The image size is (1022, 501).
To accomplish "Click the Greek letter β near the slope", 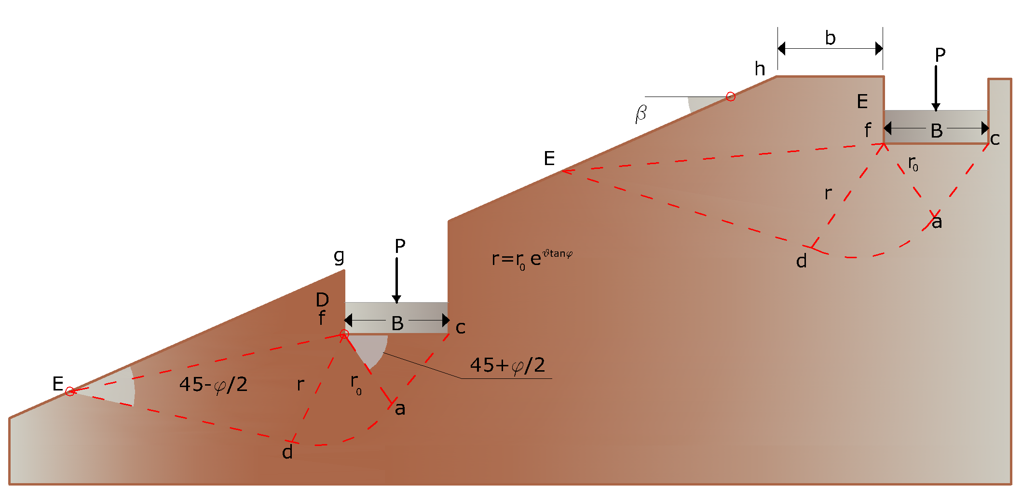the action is (x=641, y=114).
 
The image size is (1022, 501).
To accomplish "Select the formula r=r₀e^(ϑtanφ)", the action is (x=532, y=259).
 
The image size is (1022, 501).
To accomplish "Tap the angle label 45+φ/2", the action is (x=507, y=365).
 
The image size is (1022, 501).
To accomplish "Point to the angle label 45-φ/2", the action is (x=213, y=385).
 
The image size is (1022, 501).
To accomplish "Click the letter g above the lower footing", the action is (x=339, y=257).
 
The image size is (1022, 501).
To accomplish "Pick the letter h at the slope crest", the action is (x=760, y=69).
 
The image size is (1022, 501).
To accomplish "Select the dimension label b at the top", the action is (x=830, y=38).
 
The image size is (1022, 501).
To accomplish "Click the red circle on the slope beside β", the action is (x=731, y=97).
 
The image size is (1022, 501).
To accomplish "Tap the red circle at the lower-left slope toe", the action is (x=70, y=391).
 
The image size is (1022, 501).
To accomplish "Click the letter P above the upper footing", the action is (x=940, y=55).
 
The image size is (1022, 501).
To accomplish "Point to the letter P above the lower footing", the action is (x=400, y=246).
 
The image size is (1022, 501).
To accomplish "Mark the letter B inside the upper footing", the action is (x=937, y=131).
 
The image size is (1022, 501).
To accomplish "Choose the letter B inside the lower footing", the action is (x=397, y=323).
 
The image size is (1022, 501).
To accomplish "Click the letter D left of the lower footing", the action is (x=322, y=300).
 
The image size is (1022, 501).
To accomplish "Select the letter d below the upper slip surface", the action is (x=801, y=261).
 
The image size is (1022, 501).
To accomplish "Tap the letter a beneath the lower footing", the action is (x=400, y=409).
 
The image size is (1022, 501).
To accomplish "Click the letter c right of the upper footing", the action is (x=995, y=139).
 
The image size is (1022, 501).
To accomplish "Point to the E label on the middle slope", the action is (x=549, y=158).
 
